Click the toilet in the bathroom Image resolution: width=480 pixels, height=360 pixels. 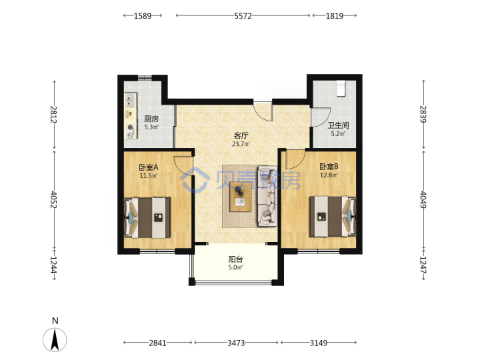coord(341,89)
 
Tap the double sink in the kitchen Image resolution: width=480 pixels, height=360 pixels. coord(131,101)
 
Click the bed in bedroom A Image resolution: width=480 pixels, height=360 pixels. coord(147,217)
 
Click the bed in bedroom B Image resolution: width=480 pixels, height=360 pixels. coord(333,217)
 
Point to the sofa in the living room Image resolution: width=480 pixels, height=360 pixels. coord(267,196)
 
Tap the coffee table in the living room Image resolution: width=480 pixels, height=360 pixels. coord(241,196)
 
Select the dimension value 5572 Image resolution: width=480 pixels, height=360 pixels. coord(243,16)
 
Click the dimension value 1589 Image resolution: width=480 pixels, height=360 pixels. coord(143,16)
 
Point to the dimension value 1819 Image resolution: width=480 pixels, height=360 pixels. coord(334,16)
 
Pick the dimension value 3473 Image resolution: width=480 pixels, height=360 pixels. coord(236,343)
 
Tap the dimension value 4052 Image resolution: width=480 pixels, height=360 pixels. coord(54,199)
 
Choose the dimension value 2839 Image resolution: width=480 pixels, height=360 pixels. coord(423,114)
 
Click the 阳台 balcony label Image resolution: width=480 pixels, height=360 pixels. coord(236,259)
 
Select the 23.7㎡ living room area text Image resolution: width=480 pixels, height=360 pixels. coord(241,144)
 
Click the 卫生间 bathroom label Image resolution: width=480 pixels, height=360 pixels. coord(338,125)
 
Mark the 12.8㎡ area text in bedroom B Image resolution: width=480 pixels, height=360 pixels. coord(329,175)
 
